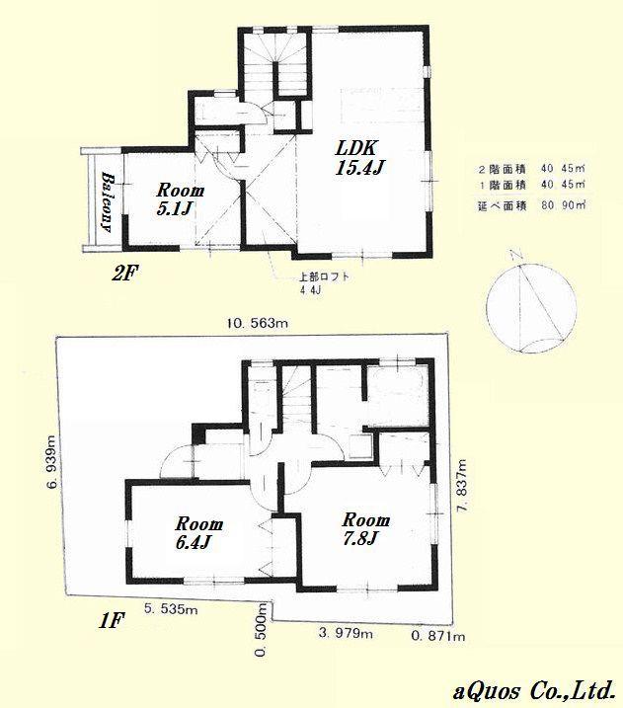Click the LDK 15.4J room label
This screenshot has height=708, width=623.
click(358, 159)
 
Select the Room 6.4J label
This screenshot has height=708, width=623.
click(199, 532)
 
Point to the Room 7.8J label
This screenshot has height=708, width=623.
click(366, 528)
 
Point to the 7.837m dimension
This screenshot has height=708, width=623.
click(460, 496)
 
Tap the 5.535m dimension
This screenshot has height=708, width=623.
click(170, 611)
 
